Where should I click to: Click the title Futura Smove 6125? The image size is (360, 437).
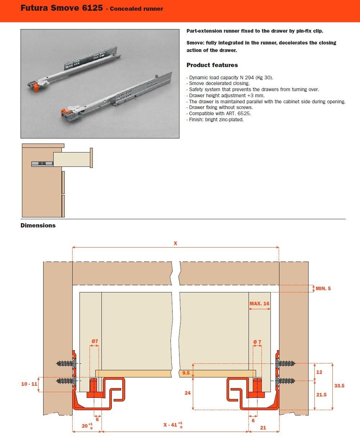pos(61,8)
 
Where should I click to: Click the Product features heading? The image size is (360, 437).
pos(212,65)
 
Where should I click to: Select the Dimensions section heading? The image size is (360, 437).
pos(38,225)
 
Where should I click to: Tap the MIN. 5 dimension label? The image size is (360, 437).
pos(323,288)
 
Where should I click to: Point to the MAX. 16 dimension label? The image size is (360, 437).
pos(259,304)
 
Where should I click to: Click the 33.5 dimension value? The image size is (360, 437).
pos(339,386)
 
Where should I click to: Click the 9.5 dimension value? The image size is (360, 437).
pos(186,373)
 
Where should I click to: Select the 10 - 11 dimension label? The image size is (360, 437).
pos(29,384)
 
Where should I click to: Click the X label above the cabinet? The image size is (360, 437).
pos(176,243)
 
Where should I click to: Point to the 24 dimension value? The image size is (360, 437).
pos(187,393)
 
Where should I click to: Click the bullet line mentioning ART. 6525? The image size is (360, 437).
pos(220,113)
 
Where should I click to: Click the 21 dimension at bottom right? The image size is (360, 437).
pos(263,427)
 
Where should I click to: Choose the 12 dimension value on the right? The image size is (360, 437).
pos(319,372)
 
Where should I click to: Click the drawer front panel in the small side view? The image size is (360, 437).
pos(91,158)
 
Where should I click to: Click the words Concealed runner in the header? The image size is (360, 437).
pos(136,9)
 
